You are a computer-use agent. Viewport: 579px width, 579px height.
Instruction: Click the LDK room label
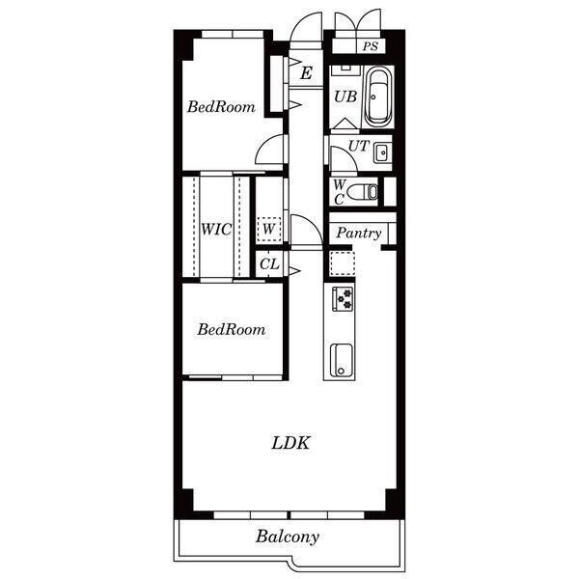290,443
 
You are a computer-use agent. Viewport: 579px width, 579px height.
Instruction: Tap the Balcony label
288,537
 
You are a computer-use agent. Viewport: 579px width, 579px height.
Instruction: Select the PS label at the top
370,46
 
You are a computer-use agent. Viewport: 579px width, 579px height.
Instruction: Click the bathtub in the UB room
377,97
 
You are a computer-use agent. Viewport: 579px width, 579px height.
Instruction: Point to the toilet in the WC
363,192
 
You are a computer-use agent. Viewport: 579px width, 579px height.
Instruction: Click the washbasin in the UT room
382,152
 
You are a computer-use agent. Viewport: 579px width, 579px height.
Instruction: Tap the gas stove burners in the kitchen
344,299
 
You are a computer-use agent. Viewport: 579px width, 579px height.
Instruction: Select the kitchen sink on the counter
342,360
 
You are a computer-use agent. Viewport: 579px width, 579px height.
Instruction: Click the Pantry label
359,234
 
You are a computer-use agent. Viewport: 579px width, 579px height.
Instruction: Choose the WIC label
216,230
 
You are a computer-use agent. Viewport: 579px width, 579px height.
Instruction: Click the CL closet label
269,264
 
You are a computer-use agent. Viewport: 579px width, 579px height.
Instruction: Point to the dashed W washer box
269,230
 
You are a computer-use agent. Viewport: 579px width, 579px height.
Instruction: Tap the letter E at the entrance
306,73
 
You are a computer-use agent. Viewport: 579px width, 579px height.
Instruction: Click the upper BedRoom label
221,107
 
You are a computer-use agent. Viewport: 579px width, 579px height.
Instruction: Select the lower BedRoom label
232,329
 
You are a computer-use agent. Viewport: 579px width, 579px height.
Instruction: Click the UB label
345,96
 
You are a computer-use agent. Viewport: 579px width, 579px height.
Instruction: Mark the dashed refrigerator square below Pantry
343,263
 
